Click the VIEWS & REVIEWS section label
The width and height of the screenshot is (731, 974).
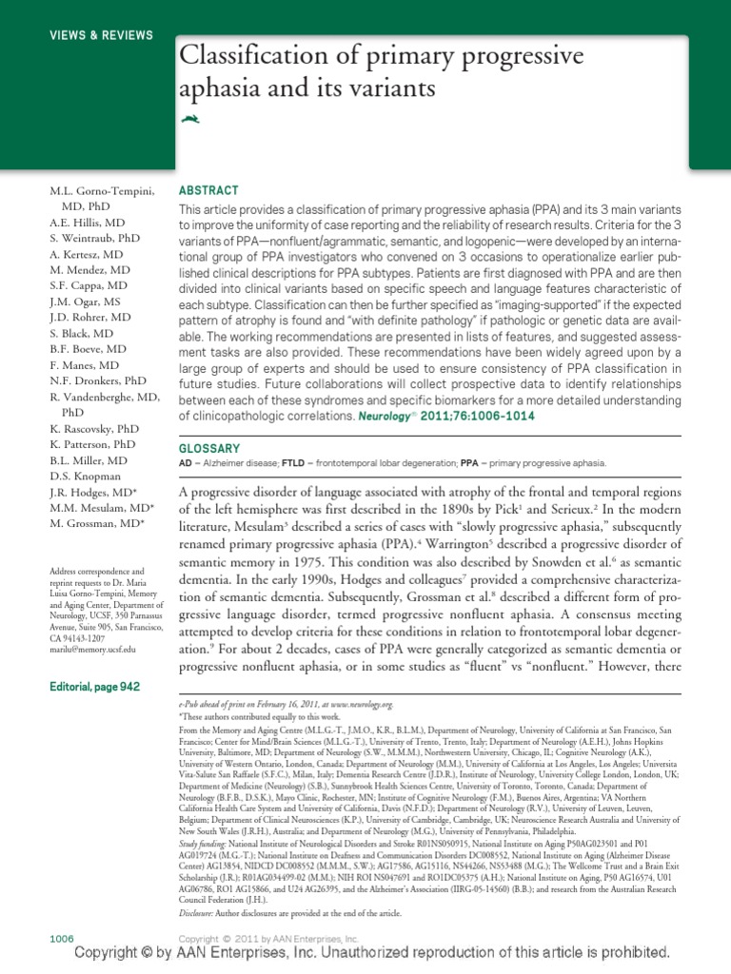tap(102, 35)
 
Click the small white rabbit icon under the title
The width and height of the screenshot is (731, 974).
tap(190, 118)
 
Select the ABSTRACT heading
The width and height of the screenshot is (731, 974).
tap(209, 190)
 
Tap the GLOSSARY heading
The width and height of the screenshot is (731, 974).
tap(210, 447)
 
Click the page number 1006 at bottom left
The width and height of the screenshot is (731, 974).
tap(61, 938)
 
